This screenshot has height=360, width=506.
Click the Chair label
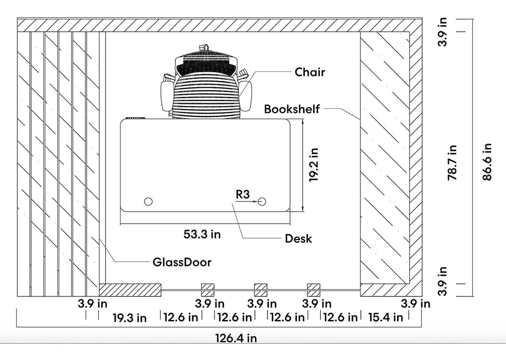[310, 72]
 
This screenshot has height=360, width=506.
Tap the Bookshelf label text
[292, 109]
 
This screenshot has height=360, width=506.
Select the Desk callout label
[298, 239]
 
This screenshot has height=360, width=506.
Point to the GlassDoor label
[182, 262]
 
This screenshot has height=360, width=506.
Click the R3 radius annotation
[243, 194]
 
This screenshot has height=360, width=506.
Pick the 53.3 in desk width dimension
[202, 234]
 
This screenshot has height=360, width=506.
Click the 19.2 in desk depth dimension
[314, 164]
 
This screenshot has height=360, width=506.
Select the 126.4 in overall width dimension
[236, 338]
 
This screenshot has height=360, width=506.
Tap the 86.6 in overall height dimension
[487, 162]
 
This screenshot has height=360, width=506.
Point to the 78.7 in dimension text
[452, 162]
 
